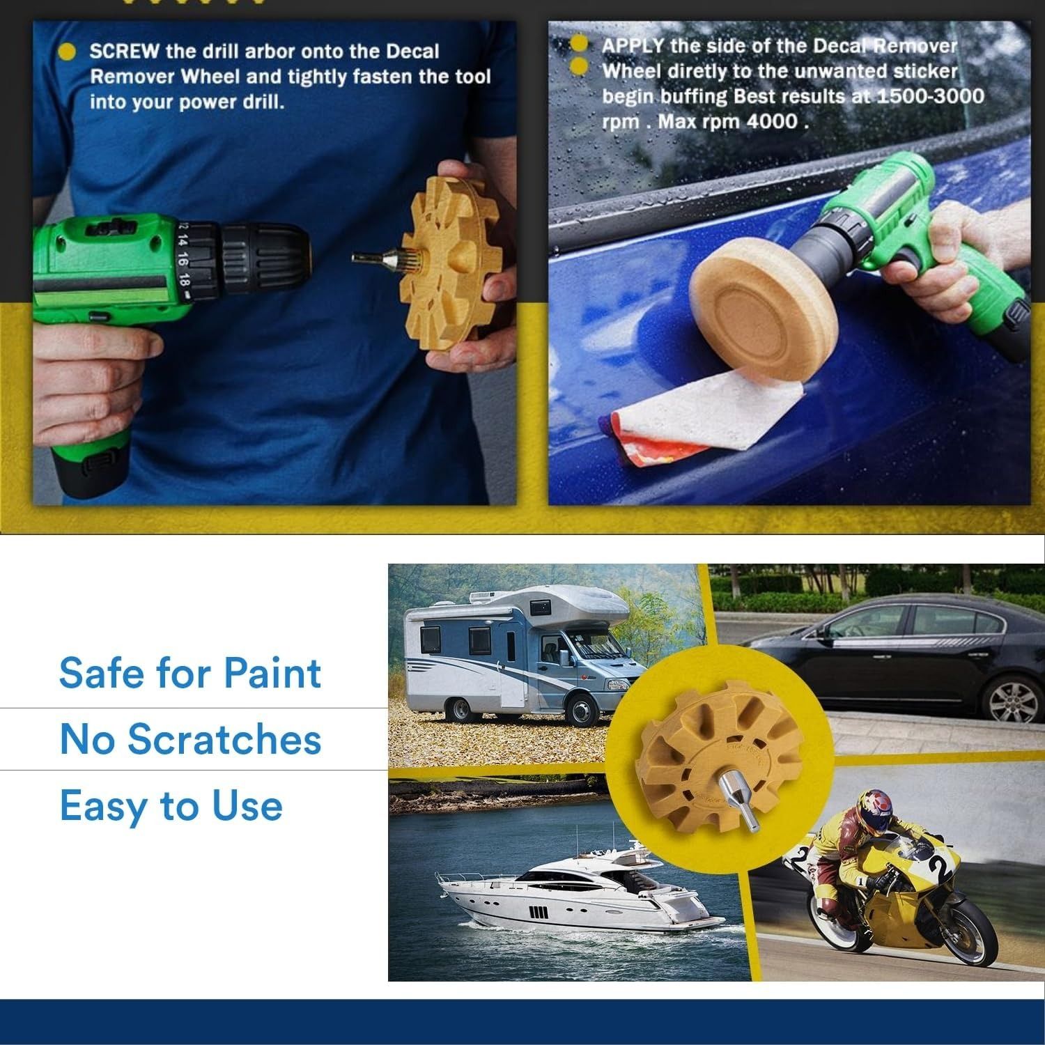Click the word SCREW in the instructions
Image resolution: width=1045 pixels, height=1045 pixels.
pyautogui.click(x=124, y=52)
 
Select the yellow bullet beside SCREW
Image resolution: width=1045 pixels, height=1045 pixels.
pyautogui.click(x=68, y=52)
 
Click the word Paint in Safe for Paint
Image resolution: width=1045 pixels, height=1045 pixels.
pyautogui.click(x=272, y=674)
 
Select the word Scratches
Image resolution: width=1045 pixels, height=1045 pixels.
pyautogui.click(x=224, y=739)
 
